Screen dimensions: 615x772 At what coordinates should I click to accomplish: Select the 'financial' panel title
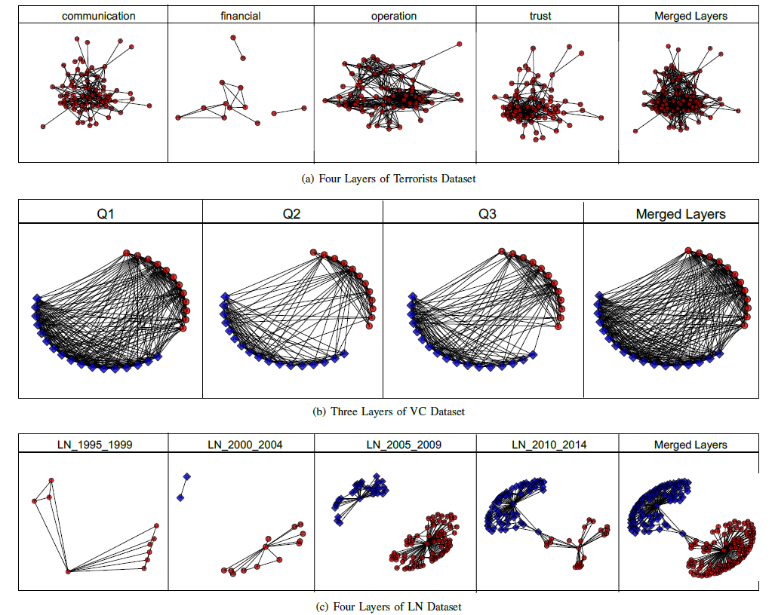pyautogui.click(x=240, y=16)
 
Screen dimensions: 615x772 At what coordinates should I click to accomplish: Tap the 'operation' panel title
pyautogui.click(x=393, y=16)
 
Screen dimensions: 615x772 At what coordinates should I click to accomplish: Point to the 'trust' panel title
pyautogui.click(x=540, y=16)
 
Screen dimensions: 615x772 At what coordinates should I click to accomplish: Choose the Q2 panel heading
pyautogui.click(x=291, y=213)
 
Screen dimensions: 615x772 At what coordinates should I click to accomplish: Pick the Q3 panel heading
pyautogui.click(x=487, y=213)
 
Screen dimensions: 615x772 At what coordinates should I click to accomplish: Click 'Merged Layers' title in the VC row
pyautogui.click(x=680, y=214)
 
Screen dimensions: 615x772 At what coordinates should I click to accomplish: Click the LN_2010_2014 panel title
pyautogui.click(x=549, y=445)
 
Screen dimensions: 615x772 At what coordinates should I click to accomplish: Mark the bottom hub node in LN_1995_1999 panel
pyautogui.click(x=67, y=572)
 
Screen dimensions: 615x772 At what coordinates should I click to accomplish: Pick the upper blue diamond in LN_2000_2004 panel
pyautogui.click(x=186, y=476)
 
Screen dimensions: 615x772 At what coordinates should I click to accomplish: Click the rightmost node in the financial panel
pyautogui.click(x=304, y=108)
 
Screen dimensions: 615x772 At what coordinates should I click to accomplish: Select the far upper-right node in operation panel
pyautogui.click(x=460, y=44)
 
